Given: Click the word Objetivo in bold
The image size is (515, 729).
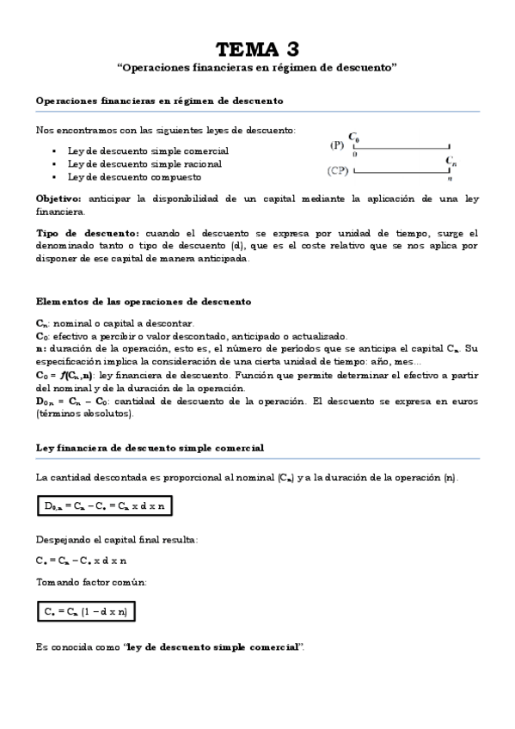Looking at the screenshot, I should coord(58,198).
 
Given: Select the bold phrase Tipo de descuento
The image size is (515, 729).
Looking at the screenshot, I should coord(87,233).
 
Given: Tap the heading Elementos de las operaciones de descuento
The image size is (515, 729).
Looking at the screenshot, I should coord(144,302).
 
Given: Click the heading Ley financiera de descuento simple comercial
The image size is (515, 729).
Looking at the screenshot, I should coord(150,448).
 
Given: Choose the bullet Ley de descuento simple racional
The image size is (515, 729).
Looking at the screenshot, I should coord(144,163).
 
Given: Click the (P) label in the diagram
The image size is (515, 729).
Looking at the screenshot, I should coord(337,145).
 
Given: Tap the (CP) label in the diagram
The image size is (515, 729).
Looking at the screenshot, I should coord(338,170).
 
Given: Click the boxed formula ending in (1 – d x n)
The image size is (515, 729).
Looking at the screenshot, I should coord(86,612).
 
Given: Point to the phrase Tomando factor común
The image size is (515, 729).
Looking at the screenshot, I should coord(91,582).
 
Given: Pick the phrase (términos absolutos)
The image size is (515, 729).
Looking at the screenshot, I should coord(84,414).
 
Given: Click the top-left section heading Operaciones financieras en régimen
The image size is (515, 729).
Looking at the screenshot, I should coord(159,101).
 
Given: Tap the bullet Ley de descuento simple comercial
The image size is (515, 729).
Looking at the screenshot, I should coord(148,150).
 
